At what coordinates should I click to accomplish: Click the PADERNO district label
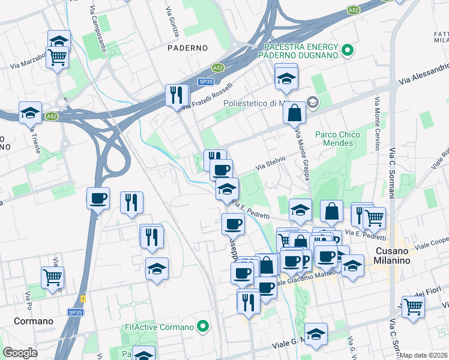click(187, 47)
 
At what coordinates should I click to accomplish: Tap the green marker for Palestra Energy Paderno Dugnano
click(348, 50)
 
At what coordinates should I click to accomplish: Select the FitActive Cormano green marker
click(203, 327)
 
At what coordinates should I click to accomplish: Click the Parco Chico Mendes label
click(337, 139)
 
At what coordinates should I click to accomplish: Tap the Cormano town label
click(26, 321)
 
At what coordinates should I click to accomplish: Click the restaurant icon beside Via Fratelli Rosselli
click(177, 95)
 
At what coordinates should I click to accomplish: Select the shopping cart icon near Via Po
click(53, 277)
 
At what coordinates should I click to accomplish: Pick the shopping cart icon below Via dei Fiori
click(414, 306)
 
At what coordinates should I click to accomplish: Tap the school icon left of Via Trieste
click(30, 112)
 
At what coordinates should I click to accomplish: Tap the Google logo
click(20, 353)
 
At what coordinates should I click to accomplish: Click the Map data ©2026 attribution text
click(424, 355)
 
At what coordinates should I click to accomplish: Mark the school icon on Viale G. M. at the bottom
click(316, 335)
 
